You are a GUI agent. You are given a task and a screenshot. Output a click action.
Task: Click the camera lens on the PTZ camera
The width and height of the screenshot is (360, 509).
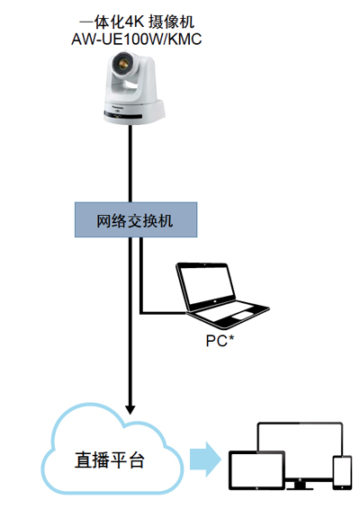click(x=122, y=64)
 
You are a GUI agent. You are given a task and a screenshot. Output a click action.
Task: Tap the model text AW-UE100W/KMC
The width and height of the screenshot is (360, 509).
click(x=137, y=39)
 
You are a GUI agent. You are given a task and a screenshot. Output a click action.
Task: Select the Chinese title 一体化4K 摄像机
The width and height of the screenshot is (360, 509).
click(x=137, y=22)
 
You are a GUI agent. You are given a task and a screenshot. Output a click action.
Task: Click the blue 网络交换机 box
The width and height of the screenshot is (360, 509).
click(x=136, y=219)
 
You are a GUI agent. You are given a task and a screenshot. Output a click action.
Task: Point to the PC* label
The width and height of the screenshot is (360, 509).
click(x=220, y=341)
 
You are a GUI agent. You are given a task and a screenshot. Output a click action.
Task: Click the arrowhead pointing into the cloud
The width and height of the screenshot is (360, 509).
click(x=130, y=410)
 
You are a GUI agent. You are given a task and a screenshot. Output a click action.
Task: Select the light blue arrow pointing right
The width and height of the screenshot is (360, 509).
click(x=205, y=460)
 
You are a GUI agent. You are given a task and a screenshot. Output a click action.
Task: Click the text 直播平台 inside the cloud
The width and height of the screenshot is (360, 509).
click(x=110, y=460)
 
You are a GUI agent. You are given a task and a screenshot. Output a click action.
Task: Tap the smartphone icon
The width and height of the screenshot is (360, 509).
click(x=342, y=473)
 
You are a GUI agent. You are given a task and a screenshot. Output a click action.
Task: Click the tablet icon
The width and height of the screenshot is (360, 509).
click(x=256, y=469)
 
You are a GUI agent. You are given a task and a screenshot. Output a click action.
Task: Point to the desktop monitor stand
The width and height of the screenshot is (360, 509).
click(x=300, y=486)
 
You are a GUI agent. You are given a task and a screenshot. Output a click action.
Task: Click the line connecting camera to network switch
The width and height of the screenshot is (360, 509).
click(x=130, y=164)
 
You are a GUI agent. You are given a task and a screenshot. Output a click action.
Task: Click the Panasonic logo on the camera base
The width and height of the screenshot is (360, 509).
click(x=118, y=106)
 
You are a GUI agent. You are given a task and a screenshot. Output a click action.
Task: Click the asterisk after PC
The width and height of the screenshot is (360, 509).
click(x=231, y=337)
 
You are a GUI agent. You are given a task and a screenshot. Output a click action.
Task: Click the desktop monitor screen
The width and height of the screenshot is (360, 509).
click(x=300, y=437)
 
